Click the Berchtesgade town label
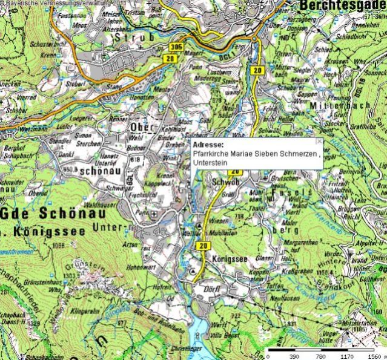click(x=343, y=5)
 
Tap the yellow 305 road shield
click(x=176, y=46)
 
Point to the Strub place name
click(x=131, y=36)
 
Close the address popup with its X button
click(x=320, y=141)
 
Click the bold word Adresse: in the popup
click(x=207, y=145)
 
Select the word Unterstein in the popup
click(x=209, y=163)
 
